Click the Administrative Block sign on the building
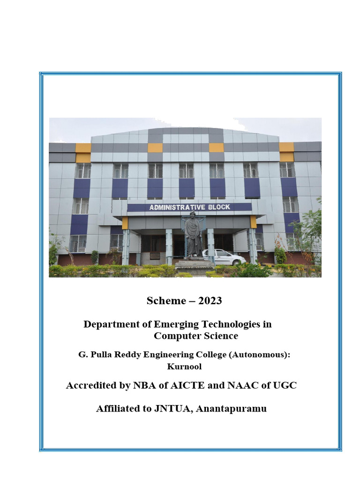coord(189,207)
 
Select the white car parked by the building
coord(224,257)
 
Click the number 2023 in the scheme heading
coord(210,301)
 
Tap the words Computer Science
coord(196,336)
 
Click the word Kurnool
coord(184,367)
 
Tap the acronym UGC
coord(285,386)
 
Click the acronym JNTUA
coord(175,409)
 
